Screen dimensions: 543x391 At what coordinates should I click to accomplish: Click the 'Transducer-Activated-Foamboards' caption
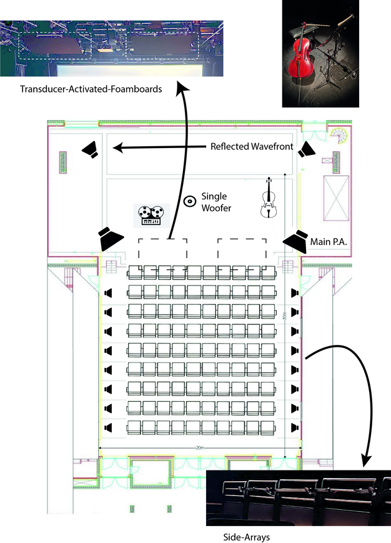[x=91, y=89]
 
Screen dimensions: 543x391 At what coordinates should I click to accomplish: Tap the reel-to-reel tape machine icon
[x=149, y=215]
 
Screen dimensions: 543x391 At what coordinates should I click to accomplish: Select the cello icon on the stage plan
[x=269, y=198]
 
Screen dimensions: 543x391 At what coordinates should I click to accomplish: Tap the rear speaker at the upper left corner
[x=91, y=149]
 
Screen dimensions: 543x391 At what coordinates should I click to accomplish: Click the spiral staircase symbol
[x=340, y=136]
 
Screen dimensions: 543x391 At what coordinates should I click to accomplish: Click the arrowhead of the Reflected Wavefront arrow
[x=116, y=148]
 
